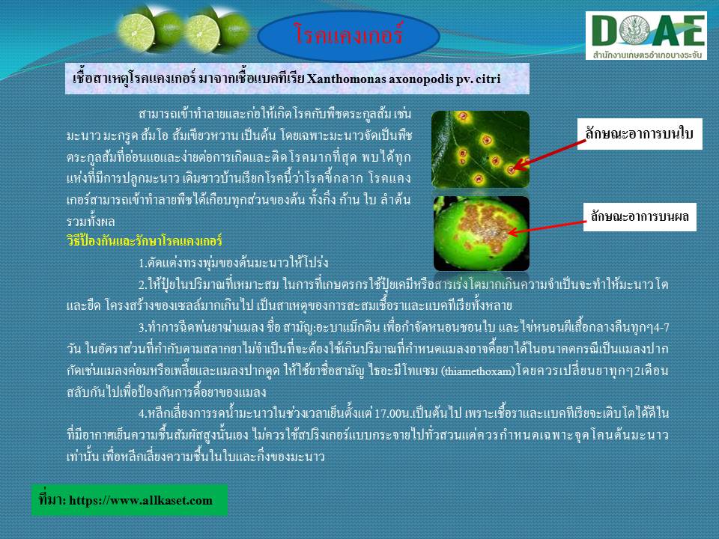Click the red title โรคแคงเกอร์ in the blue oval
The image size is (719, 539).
point(348,34)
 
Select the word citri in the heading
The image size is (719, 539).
point(488,79)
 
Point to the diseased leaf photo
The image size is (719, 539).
point(481,149)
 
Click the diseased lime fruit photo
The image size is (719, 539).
point(482,234)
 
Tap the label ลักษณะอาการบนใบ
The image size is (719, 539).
point(639,134)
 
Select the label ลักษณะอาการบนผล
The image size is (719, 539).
point(640,216)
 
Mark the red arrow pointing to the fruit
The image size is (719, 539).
point(547,228)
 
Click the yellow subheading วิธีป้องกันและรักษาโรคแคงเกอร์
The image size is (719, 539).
point(145,240)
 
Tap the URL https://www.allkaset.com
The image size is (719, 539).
point(141,500)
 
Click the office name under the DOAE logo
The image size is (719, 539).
point(647,55)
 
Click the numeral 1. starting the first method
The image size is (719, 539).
point(142,263)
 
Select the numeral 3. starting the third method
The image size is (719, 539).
point(142,327)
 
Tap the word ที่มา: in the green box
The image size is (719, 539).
point(52,499)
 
